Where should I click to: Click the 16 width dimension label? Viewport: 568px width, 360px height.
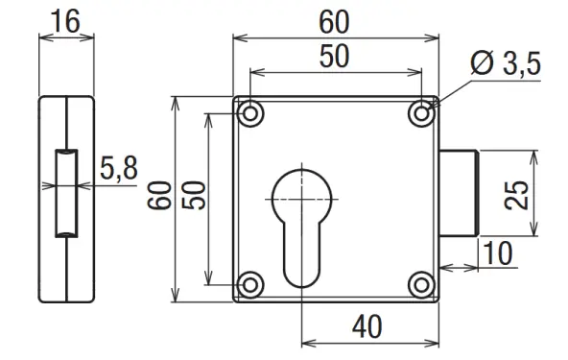click(x=65, y=21)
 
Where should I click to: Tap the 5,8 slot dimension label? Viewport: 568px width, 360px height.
click(x=119, y=168)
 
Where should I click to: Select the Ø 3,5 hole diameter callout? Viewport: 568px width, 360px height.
click(x=506, y=63)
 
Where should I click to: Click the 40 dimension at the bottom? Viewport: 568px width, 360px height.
click(x=367, y=326)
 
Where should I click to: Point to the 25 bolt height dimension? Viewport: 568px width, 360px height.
click(x=516, y=194)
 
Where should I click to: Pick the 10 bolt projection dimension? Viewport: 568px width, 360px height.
click(x=498, y=253)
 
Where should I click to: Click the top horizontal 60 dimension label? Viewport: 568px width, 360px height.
click(x=334, y=22)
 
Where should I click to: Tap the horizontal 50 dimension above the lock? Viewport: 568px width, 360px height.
click(x=334, y=57)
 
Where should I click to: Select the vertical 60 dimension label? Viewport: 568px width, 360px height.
click(x=159, y=196)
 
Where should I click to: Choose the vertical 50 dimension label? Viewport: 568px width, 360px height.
click(x=194, y=196)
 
